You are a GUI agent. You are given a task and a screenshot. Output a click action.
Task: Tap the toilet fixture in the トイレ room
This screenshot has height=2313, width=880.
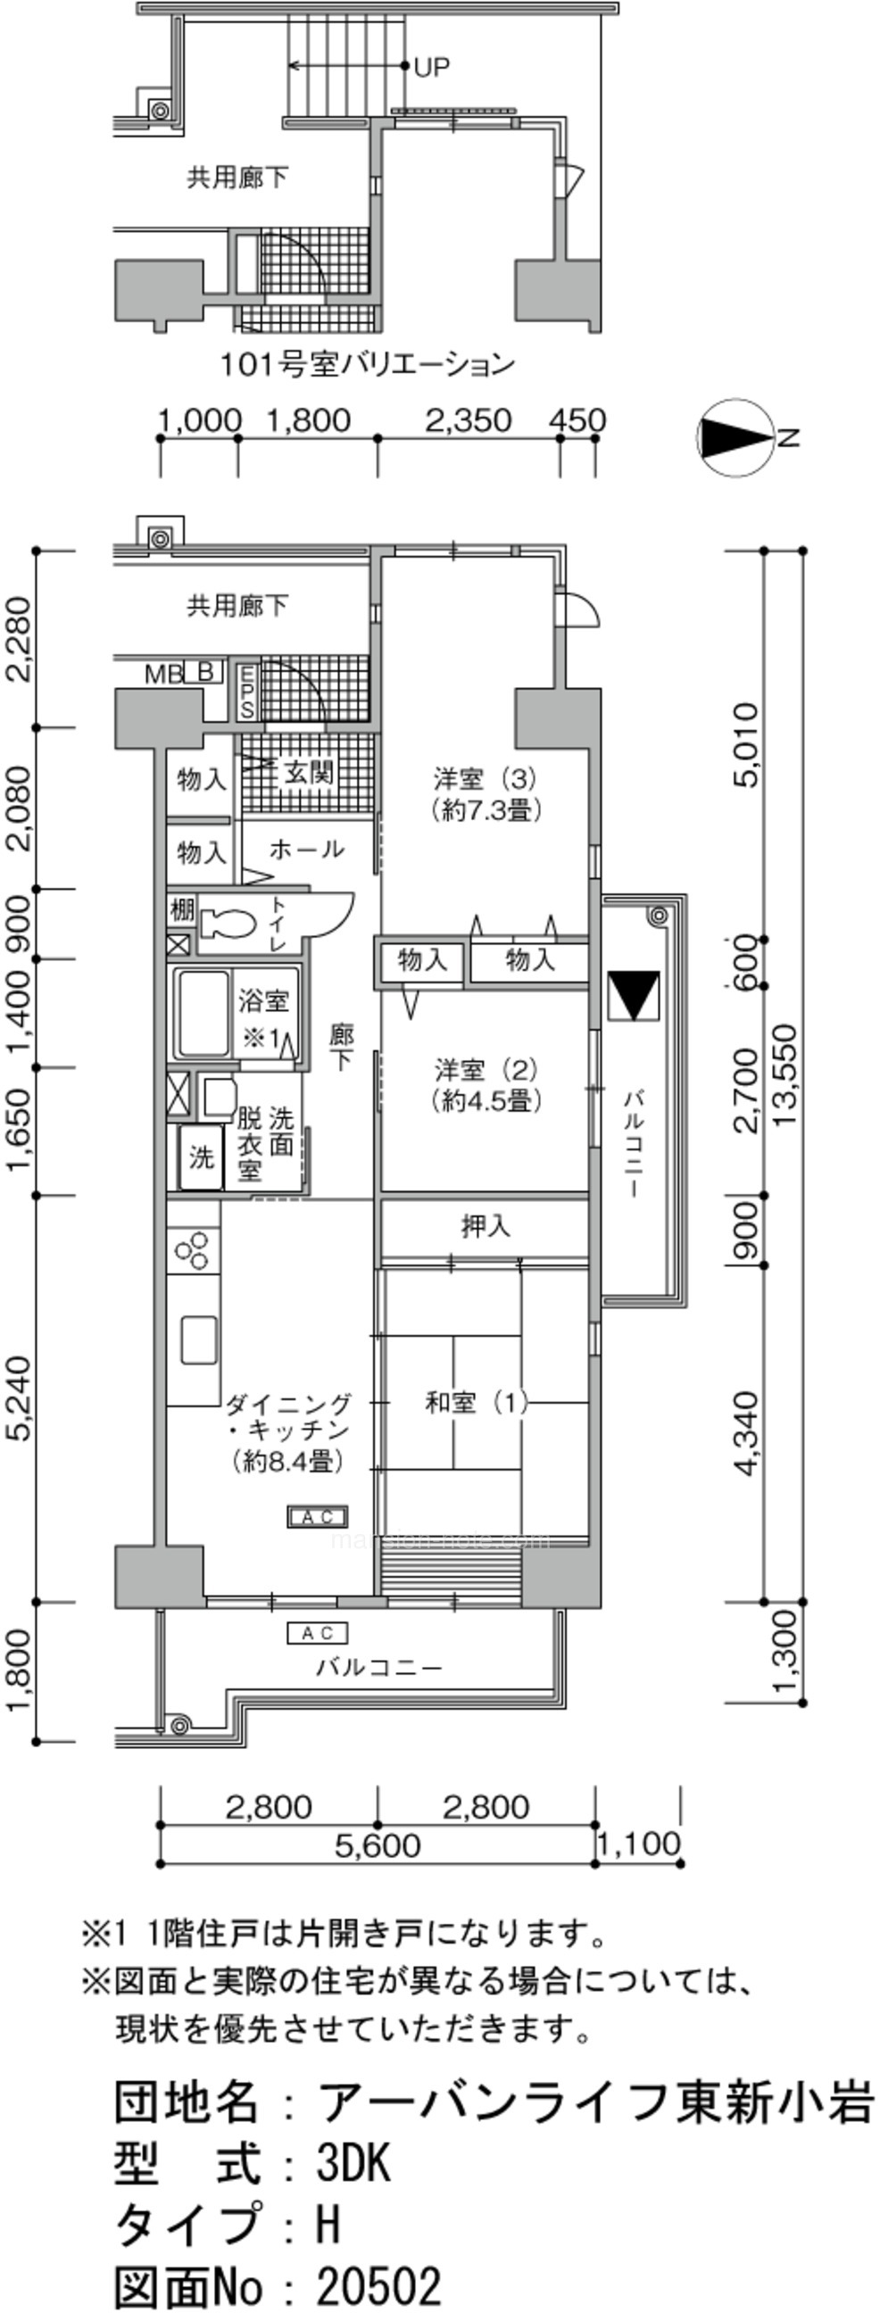point(222,923)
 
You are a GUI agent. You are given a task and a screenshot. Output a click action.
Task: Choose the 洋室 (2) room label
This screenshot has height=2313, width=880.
point(487,1085)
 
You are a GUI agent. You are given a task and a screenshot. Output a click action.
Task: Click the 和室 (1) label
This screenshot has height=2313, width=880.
point(476,1403)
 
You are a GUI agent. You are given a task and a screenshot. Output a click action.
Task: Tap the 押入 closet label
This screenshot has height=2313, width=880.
point(486,1225)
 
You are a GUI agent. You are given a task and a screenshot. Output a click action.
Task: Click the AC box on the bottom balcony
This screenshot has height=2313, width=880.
point(317,1633)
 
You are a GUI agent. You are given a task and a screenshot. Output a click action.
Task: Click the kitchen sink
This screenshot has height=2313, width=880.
point(199,1339)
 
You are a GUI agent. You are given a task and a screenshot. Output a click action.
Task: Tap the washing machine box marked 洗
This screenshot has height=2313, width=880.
point(201,1157)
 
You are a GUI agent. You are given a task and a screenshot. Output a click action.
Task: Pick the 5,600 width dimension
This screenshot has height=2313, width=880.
point(378,1845)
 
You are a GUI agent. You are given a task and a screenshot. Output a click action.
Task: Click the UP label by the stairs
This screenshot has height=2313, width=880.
point(432,66)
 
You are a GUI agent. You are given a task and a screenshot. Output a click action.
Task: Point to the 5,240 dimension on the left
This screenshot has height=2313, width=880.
point(21,1398)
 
